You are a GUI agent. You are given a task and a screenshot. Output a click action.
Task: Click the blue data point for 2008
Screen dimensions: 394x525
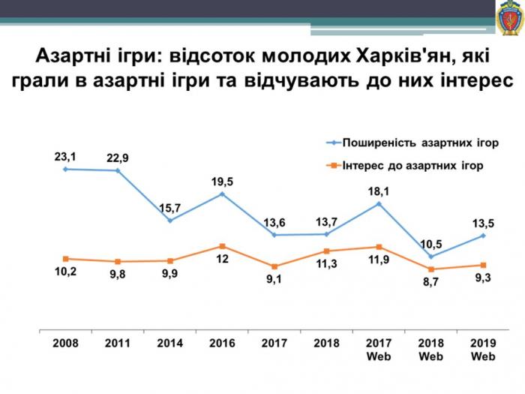(65, 169)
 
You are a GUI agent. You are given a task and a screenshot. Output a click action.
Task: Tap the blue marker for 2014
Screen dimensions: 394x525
(170, 221)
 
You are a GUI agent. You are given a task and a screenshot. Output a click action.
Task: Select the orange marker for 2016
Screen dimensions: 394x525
(222, 246)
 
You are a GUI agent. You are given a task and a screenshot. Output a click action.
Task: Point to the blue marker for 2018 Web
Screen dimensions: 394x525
(430, 256)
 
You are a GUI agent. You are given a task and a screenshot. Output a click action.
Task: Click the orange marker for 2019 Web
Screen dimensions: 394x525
(483, 265)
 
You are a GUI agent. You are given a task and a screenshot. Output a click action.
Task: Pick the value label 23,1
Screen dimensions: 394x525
(65, 157)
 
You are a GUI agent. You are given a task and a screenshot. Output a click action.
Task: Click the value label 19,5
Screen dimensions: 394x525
(222, 181)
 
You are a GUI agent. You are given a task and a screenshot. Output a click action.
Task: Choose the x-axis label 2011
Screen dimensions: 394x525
(118, 344)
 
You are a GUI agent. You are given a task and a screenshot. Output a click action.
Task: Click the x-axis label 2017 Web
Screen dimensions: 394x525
(379, 350)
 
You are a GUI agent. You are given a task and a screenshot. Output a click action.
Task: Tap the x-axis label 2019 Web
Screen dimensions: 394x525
(483, 350)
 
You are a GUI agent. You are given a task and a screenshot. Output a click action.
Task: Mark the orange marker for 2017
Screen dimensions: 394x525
(274, 266)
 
